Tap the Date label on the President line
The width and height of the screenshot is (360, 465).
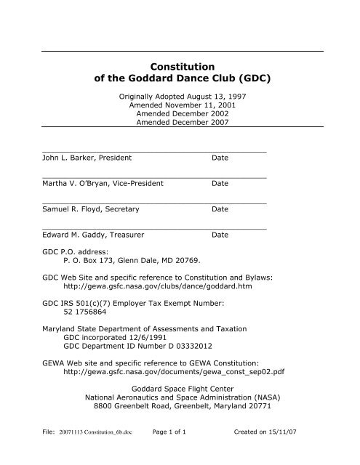220,158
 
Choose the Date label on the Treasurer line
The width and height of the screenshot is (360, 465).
220,235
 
